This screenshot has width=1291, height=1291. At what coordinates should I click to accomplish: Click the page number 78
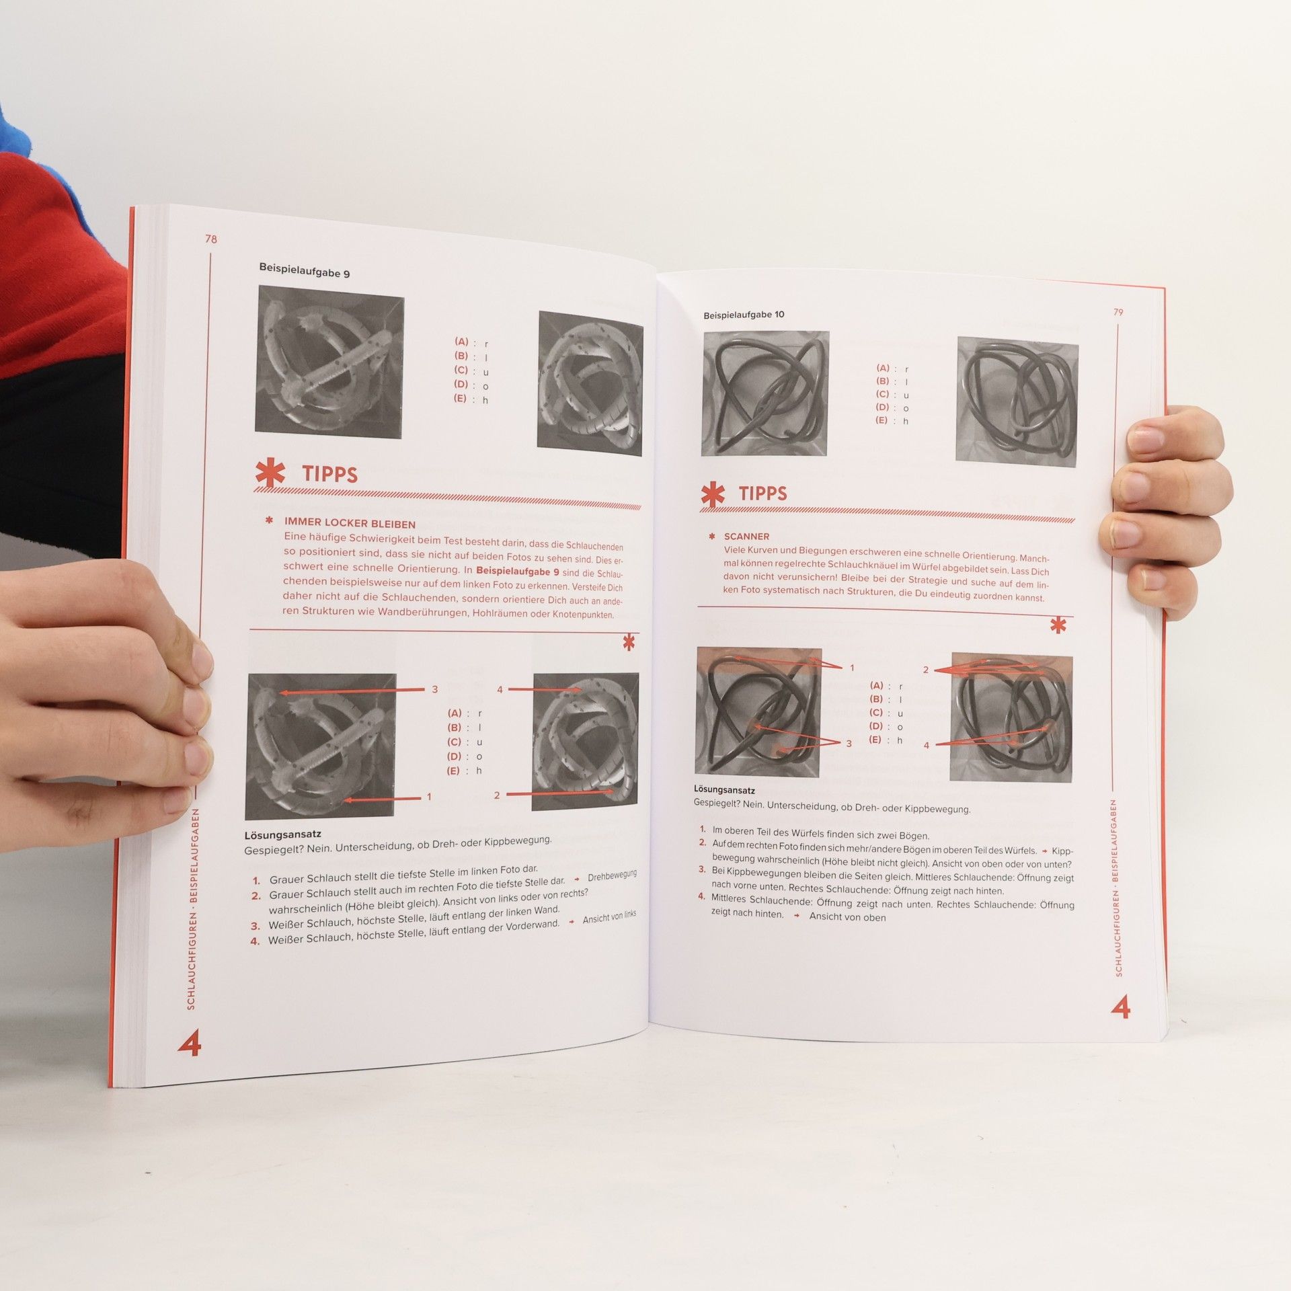click(x=211, y=239)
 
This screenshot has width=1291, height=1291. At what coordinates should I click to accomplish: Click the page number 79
click(x=1118, y=312)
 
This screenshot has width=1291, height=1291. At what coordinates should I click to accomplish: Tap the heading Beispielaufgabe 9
click(x=305, y=270)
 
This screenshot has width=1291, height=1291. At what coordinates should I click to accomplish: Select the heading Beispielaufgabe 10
click(x=744, y=315)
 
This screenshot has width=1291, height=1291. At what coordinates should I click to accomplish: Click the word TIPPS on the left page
click(x=329, y=474)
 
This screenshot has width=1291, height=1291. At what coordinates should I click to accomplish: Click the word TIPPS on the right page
click(x=762, y=494)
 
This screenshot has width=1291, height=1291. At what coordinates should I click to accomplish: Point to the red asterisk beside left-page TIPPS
click(x=270, y=471)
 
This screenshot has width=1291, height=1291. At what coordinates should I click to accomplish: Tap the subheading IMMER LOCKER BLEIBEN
click(x=350, y=523)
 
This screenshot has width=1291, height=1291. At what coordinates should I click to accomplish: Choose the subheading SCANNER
click(x=746, y=537)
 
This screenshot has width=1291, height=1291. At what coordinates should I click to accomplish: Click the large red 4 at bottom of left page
click(x=190, y=1043)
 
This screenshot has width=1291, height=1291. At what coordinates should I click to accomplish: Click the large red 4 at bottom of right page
click(x=1120, y=1007)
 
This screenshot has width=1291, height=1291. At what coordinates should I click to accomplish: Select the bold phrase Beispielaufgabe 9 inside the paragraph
click(x=517, y=572)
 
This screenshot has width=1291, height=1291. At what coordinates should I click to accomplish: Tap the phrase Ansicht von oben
click(x=847, y=917)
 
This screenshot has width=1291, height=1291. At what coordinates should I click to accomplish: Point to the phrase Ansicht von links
click(x=609, y=917)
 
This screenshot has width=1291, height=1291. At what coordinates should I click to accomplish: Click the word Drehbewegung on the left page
click(x=612, y=876)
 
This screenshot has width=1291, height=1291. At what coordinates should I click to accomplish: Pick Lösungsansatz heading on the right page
click(x=724, y=789)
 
